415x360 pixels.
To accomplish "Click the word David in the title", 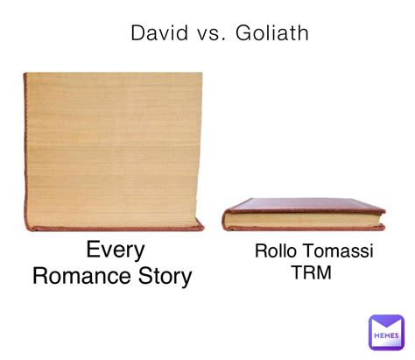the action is coord(159,32).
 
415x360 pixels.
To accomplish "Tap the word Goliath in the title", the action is coord(271,32).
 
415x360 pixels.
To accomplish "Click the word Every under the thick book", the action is coord(116,251).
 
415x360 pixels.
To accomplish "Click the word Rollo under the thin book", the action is coord(275,251).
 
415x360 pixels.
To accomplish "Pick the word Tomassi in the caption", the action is coord(337,251).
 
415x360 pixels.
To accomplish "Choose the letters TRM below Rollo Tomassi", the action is coord(312,272).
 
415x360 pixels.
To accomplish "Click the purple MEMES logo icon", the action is coord(386,332).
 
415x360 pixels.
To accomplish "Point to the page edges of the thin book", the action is coord(304,219).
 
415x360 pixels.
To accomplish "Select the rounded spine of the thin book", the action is coord(225,220).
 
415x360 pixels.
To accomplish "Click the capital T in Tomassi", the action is coord(306,251).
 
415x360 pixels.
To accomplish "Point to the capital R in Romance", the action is coord(40,276).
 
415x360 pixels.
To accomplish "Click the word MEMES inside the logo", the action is coord(386,335).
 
